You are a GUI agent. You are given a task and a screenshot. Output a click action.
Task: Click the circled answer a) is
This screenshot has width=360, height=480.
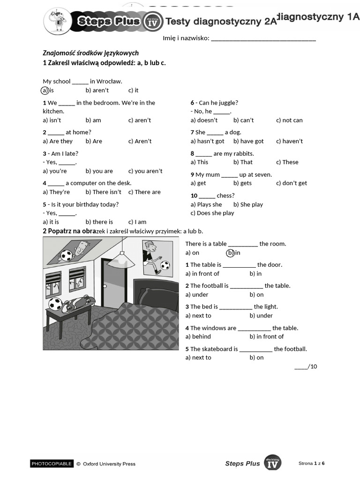[45, 90]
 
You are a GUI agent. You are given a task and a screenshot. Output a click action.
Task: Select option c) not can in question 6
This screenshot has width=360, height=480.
[289, 120]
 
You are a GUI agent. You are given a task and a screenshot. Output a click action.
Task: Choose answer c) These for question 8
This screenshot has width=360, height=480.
[287, 162]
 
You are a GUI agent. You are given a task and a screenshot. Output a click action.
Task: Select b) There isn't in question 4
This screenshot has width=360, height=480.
[103, 192]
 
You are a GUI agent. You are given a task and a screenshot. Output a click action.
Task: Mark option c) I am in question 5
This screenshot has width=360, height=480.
[137, 222]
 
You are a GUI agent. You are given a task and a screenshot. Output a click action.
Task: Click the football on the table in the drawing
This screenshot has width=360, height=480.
[55, 304]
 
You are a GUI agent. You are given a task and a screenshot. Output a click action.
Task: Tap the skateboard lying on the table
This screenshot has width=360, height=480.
[75, 305]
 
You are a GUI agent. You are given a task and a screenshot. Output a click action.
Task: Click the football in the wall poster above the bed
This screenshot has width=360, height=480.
[165, 266]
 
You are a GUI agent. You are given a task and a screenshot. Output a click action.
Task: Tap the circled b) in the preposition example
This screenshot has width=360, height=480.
[230, 253]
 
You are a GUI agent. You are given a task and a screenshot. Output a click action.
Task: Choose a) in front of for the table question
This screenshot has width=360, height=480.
[202, 274]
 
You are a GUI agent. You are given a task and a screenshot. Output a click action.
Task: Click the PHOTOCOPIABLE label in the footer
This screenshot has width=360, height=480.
[52, 464]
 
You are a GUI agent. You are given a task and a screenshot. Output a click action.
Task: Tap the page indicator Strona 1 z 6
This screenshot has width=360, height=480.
[311, 463]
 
